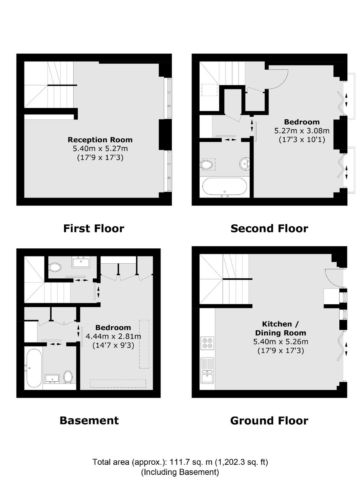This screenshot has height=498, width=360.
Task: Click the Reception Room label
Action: tap(100, 140)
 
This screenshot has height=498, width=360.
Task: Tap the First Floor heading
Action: tap(94, 229)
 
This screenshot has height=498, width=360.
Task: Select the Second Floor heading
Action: tap(269, 229)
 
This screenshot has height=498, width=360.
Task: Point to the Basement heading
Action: tap(89, 420)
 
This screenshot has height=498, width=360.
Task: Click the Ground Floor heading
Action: tap(269, 421)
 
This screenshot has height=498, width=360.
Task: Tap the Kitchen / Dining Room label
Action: tap(281, 328)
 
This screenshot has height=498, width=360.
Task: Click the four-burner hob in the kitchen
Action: tap(207, 343)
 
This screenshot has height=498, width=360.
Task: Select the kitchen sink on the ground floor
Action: tap(207, 371)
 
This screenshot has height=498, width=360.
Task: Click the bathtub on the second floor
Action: tap(224, 188)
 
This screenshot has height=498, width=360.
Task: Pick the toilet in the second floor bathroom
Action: tap(206, 165)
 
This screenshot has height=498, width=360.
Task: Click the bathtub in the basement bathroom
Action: tap(34, 368)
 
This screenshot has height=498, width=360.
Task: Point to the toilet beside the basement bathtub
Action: tap(67, 377)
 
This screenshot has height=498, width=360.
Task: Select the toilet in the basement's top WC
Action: tap(55, 267)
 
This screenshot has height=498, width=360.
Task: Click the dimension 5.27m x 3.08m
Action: tap(302, 131)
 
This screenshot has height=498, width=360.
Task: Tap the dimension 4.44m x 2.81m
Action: tap(113, 336)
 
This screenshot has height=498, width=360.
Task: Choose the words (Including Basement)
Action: tap(180, 472)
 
